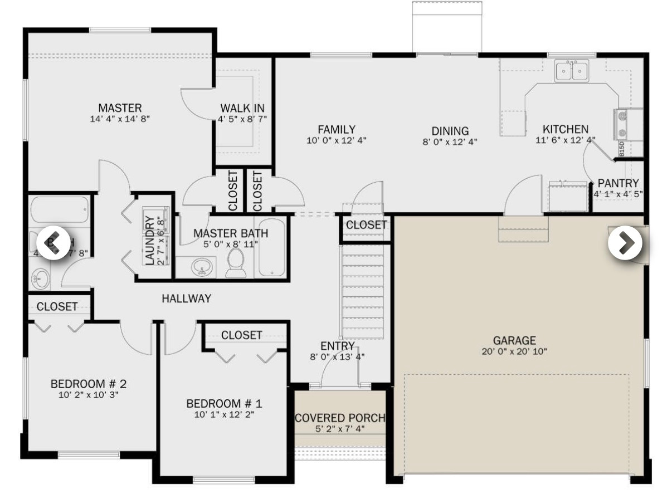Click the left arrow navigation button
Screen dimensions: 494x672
(x=53, y=243)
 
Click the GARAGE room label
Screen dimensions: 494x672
(x=514, y=340)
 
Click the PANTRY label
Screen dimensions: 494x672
(x=618, y=183)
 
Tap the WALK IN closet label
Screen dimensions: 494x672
(x=242, y=108)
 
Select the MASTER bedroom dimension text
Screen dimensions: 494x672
(x=120, y=119)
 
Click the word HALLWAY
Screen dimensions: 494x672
(x=186, y=299)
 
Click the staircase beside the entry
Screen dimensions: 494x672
(x=363, y=292)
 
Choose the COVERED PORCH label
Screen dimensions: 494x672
(x=340, y=418)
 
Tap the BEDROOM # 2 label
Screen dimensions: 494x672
(x=89, y=384)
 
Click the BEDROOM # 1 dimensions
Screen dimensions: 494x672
(x=224, y=414)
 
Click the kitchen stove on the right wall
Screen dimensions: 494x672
(x=621, y=124)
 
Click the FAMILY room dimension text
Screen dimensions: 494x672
(x=336, y=140)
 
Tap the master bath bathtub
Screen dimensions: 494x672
(x=271, y=248)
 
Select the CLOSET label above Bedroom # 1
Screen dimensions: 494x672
(x=241, y=335)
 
